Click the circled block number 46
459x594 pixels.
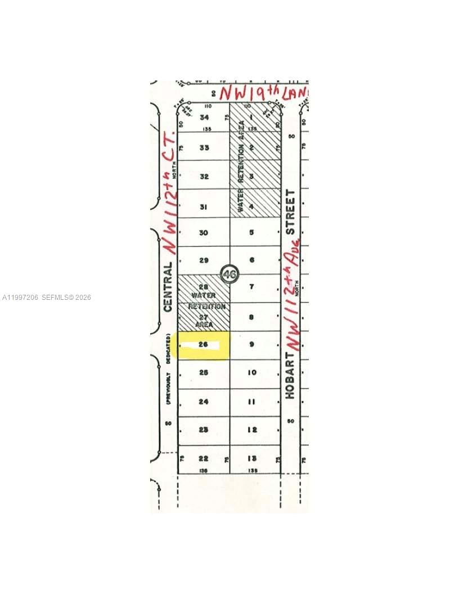(x=228, y=274)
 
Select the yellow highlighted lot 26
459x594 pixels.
(x=203, y=345)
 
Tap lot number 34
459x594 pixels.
(x=204, y=118)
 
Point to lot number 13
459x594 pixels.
(x=251, y=458)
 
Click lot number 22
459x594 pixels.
(x=203, y=458)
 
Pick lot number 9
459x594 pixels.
(x=251, y=344)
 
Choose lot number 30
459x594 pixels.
(x=204, y=232)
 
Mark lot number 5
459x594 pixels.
(x=251, y=232)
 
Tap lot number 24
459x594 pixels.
(x=203, y=402)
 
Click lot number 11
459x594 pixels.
(x=251, y=402)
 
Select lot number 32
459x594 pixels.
(x=204, y=176)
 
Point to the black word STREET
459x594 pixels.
(x=290, y=212)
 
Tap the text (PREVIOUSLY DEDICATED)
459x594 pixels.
(x=168, y=368)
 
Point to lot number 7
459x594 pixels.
(x=251, y=287)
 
